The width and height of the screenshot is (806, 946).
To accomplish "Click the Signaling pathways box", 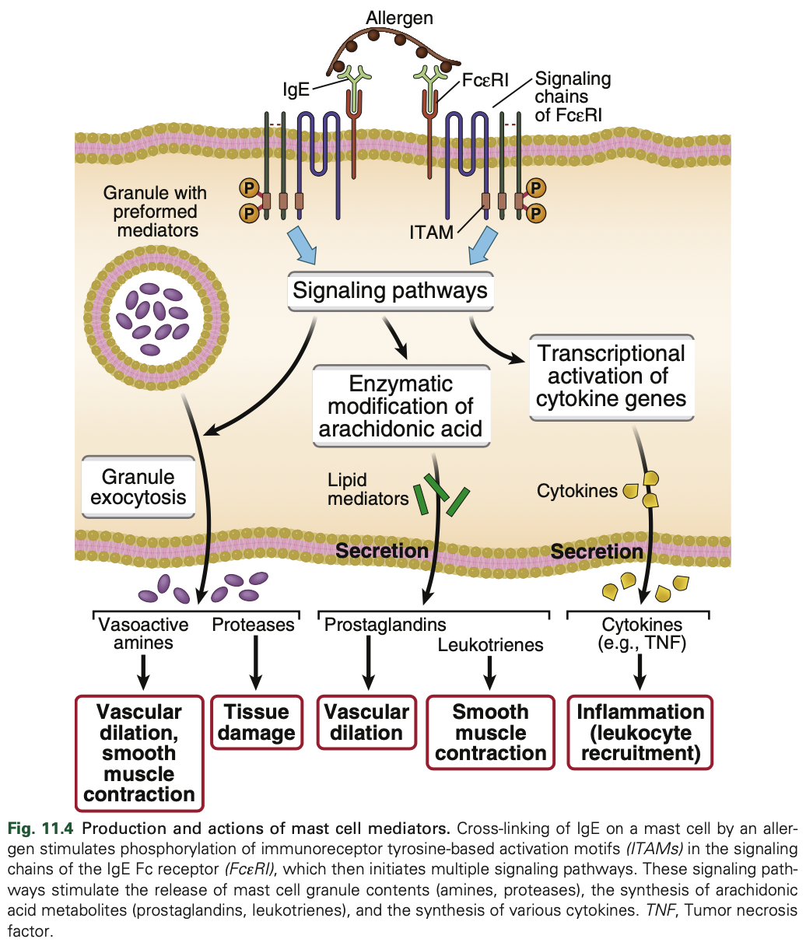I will (x=390, y=292).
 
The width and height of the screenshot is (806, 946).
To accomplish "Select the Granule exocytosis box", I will (x=138, y=487).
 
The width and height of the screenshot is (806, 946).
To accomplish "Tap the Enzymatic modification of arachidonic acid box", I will (x=401, y=406).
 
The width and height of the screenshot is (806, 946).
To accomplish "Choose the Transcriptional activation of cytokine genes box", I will (x=611, y=377).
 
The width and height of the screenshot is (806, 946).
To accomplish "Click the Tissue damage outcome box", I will (x=257, y=723).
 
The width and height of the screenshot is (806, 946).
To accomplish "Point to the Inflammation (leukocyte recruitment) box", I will (x=640, y=733).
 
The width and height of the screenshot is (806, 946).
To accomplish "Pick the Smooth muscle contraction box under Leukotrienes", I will (x=490, y=733).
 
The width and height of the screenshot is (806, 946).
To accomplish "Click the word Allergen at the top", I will (x=400, y=17).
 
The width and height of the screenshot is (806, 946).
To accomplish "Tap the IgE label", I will (x=296, y=89).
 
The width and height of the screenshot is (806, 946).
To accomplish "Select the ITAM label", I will (x=431, y=232).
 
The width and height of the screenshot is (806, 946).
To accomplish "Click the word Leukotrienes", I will (x=490, y=644).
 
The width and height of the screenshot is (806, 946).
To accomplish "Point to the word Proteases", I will (x=254, y=625).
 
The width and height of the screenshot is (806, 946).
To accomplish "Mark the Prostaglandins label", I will (x=385, y=625).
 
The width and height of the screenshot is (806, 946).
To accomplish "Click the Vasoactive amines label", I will (x=143, y=633).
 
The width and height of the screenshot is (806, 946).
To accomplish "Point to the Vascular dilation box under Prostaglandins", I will (x=366, y=723).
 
